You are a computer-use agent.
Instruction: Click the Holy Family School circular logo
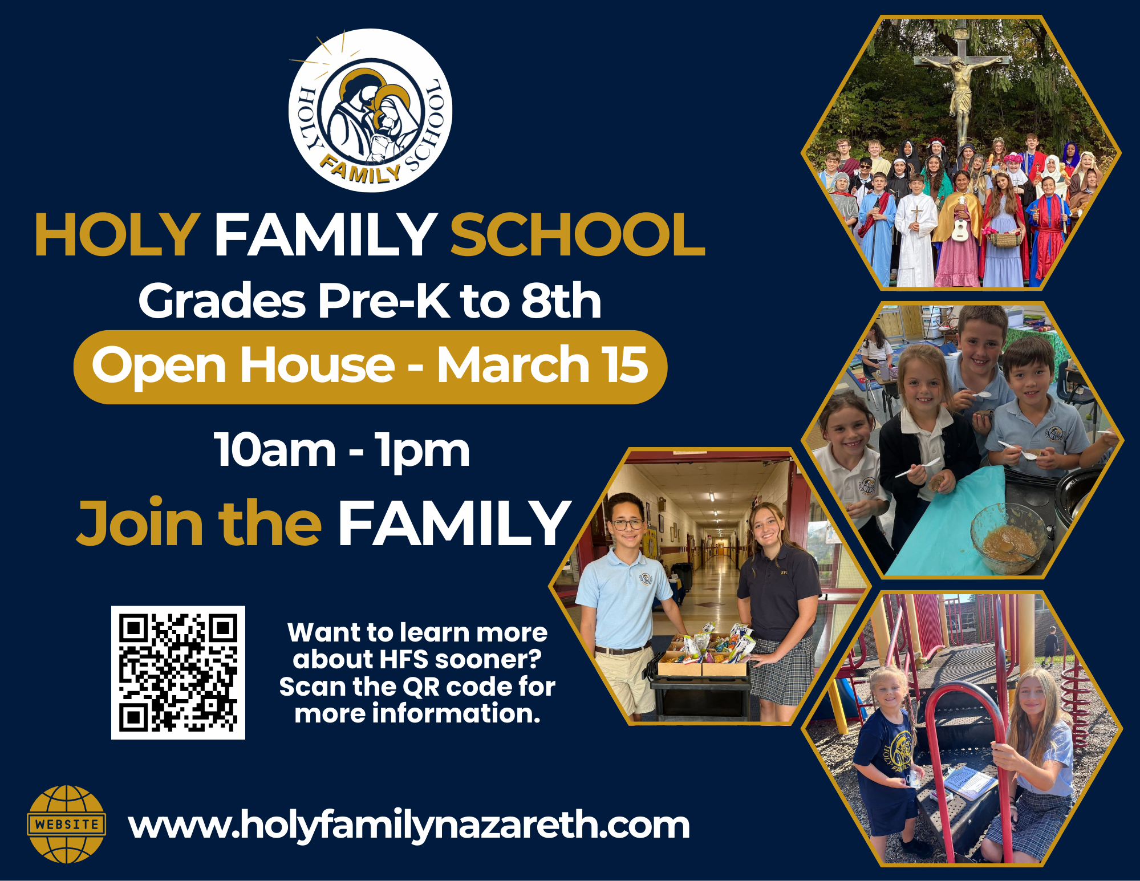[x=370, y=110]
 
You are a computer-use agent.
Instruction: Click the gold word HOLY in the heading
[x=117, y=234]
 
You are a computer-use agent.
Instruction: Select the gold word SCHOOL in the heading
[x=578, y=234]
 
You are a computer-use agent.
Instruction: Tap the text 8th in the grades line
[x=561, y=301]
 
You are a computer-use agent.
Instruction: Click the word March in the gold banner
[x=513, y=365]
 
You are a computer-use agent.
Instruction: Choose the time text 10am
[x=275, y=450]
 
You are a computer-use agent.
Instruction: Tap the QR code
[x=178, y=673]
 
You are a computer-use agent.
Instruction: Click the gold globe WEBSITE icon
[x=67, y=825]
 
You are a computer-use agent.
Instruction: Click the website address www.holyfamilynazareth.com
[x=409, y=826]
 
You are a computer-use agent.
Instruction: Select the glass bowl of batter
[x=1008, y=538]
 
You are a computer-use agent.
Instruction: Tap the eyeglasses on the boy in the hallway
[x=627, y=523]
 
